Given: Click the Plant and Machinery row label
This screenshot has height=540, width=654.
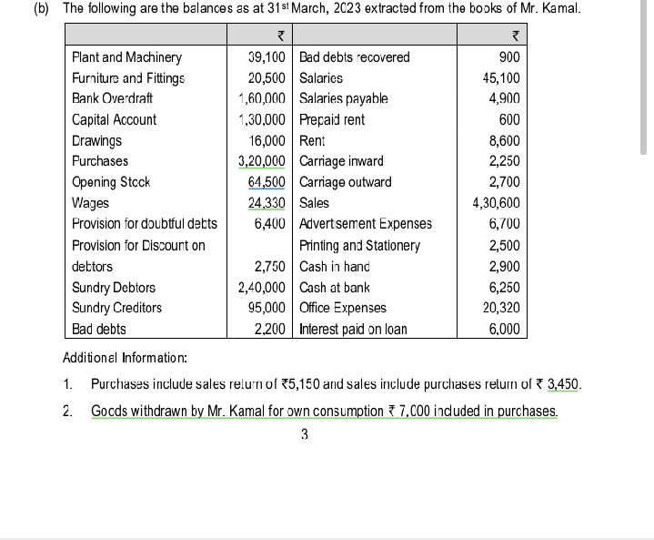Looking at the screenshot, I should coord(126,57).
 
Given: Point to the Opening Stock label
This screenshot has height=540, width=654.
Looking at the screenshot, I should coord(111,182).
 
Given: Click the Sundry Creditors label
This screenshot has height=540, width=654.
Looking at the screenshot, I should coord(116,308).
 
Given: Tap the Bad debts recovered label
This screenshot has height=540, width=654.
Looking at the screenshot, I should coord(354,57).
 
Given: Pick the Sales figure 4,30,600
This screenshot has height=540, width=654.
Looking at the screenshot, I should coord(497,202).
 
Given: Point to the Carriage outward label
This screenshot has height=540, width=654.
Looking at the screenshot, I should coord(345,182).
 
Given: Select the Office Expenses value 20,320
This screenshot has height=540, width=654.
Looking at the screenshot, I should coord(500,308).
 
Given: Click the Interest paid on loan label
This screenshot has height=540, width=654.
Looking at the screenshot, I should coord(353,329).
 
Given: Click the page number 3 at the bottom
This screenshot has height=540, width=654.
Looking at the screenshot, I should coord(304,434).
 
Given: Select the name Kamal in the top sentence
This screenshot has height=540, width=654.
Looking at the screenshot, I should coord(560,9).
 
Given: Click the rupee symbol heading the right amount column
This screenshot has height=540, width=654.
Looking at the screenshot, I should coord(516,36).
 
